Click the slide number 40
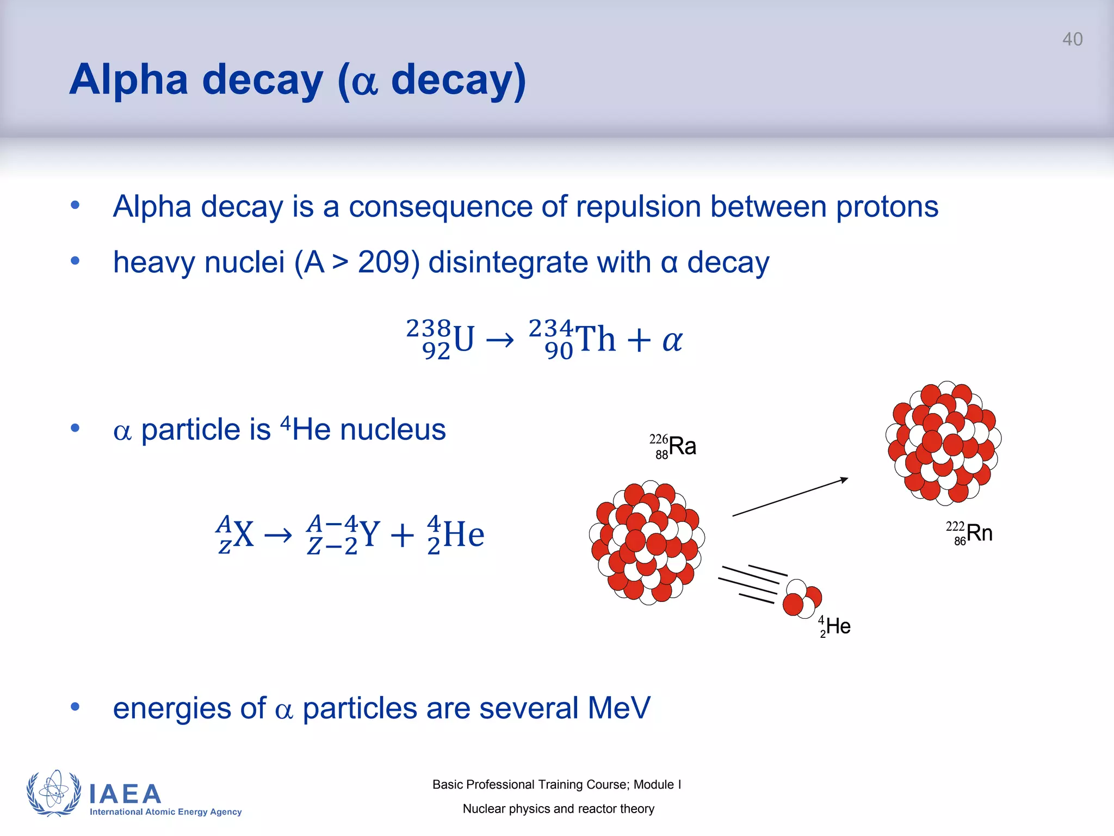1072,39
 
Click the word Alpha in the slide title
129,79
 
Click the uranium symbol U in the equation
463,339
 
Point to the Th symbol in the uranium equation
595,339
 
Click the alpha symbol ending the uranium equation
672,341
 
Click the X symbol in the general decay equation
243,534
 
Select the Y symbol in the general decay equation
369,534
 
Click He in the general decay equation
463,534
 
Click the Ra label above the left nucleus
682,446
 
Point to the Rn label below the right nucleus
979,533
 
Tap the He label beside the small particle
838,626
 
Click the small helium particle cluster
802,599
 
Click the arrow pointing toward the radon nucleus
790,497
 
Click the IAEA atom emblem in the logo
54,793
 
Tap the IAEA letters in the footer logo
125,794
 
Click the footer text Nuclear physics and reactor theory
558,809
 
